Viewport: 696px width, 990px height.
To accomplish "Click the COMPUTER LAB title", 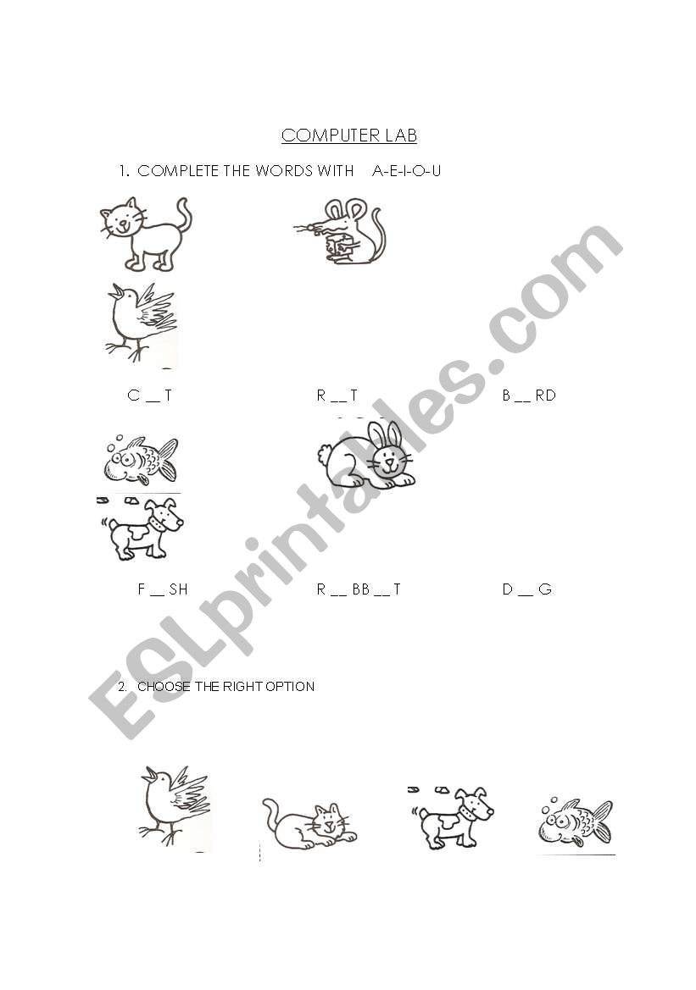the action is pyautogui.click(x=349, y=136).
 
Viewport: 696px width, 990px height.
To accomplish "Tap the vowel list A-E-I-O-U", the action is pyautogui.click(x=406, y=170).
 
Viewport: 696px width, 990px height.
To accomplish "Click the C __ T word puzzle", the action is pyautogui.click(x=149, y=395).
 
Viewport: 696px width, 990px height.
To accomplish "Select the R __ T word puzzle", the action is pyautogui.click(x=337, y=395).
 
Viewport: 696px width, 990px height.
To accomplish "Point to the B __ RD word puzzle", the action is pyautogui.click(x=528, y=395).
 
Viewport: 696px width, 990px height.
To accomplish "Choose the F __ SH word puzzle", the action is pyautogui.click(x=163, y=589).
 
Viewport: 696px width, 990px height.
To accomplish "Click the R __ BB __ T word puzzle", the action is pyautogui.click(x=359, y=589).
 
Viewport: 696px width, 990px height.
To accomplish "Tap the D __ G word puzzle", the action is pyautogui.click(x=526, y=589).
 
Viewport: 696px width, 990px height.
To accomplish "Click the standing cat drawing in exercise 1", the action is pyautogui.click(x=146, y=235).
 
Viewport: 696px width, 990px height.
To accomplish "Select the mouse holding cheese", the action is pyautogui.click(x=342, y=231).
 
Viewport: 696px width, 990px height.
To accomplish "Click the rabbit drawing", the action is pyautogui.click(x=366, y=456).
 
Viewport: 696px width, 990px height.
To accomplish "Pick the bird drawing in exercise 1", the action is pyautogui.click(x=142, y=323).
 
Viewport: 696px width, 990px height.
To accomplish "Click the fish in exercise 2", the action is pyautogui.click(x=576, y=821).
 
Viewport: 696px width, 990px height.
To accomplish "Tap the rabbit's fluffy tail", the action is pyautogui.click(x=325, y=455).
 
